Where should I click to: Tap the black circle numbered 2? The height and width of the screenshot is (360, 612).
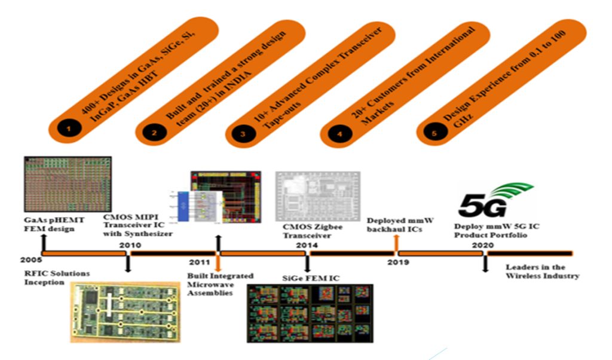(154, 133)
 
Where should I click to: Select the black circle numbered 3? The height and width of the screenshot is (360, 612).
(243, 133)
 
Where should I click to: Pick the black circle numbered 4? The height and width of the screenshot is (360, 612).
(339, 133)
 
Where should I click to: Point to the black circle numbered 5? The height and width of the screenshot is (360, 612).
(434, 133)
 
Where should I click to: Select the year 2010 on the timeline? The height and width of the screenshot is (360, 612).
(130, 245)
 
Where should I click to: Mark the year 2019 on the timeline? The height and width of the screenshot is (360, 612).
(397, 261)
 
